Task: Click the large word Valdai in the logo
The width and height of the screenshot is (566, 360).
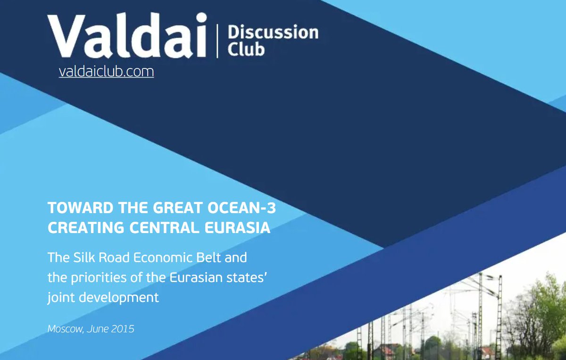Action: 127,35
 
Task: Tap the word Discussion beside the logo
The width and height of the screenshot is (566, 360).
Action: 273,33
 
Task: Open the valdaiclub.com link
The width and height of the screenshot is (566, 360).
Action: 107,72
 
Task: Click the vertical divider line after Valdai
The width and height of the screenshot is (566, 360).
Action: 217,41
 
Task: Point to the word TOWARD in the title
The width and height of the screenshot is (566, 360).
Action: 81,208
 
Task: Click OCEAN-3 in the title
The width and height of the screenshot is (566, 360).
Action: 241,208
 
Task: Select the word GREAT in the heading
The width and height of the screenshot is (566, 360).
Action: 178,208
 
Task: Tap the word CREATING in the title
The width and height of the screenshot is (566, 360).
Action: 86,227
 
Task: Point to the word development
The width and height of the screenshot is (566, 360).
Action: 119,298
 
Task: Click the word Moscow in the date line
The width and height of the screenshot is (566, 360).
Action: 66,329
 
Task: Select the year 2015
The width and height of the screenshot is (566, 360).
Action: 123,329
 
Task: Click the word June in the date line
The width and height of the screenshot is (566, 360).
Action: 97,329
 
